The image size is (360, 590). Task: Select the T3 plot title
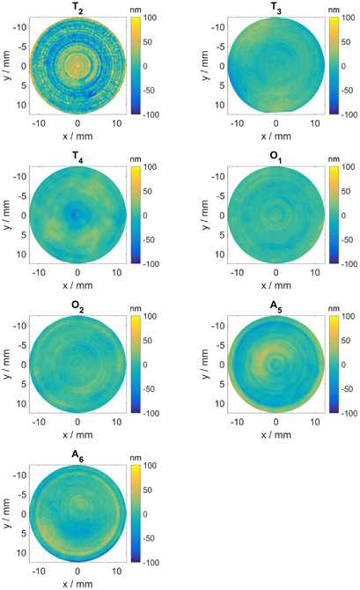(276, 8)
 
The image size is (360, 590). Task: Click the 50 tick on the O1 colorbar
(343, 189)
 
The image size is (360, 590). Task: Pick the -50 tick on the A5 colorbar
(345, 386)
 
